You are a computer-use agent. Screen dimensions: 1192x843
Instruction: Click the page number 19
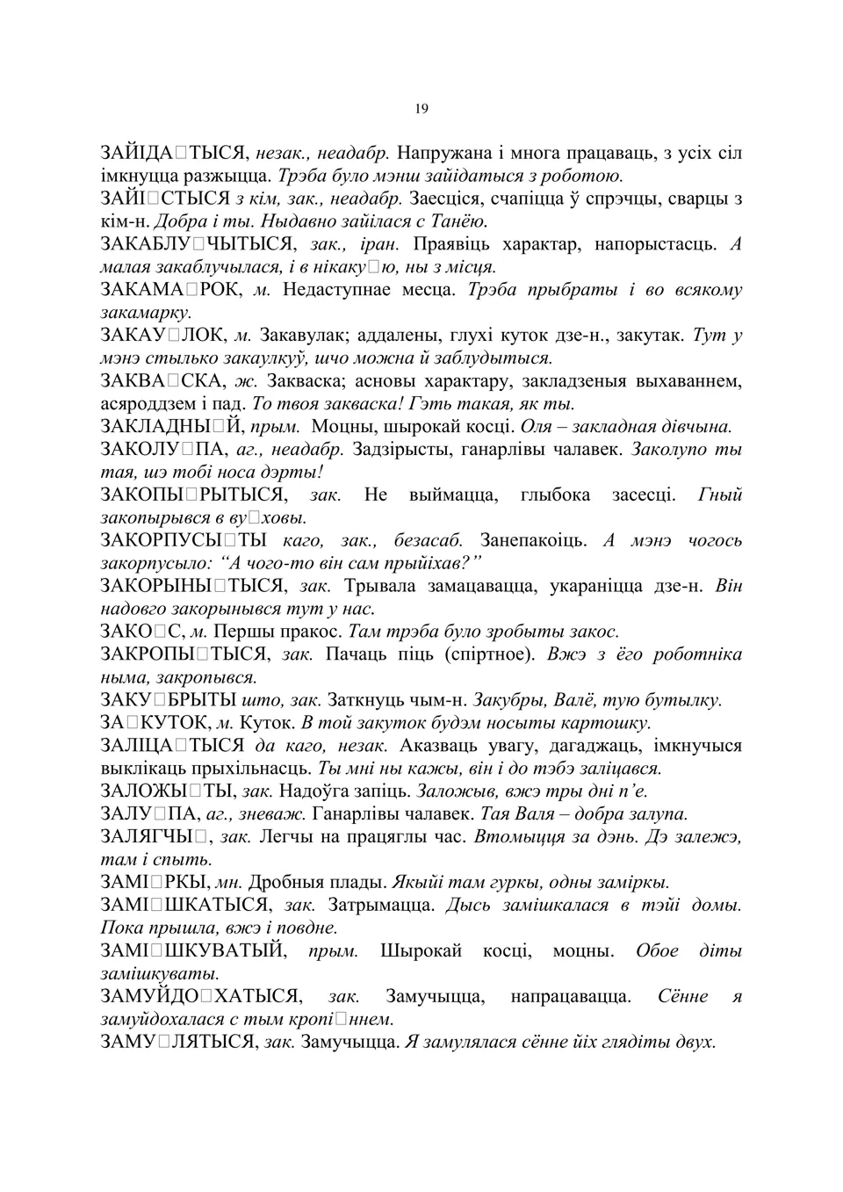click(x=421, y=109)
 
